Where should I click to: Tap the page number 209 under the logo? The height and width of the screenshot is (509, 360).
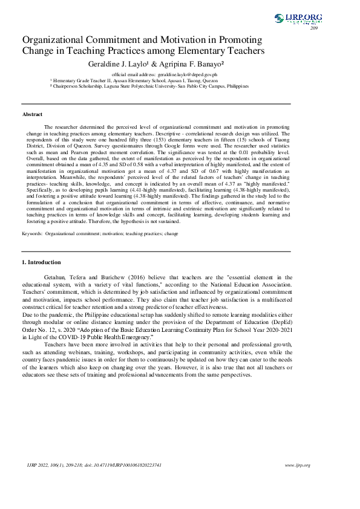[x=314, y=28]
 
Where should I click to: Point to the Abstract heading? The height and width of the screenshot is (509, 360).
[x=33, y=114]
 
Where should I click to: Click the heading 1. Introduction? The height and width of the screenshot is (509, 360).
[x=41, y=262]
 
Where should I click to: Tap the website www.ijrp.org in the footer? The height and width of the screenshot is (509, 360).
[x=297, y=465]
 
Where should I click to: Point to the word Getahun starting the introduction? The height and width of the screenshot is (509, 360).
[x=56, y=276]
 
